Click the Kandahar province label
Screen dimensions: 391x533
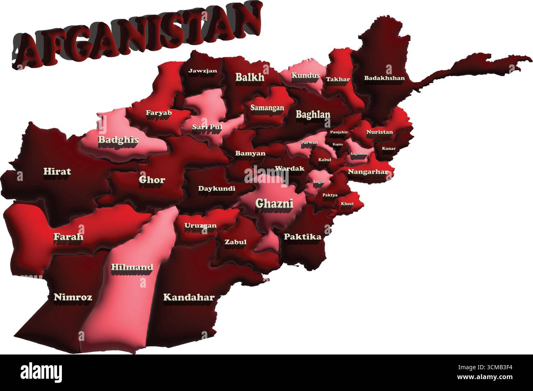189,297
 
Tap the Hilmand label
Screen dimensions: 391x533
132,268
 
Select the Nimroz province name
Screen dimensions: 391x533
73,297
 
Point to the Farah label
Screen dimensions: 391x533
68,237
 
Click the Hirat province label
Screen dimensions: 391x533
57,171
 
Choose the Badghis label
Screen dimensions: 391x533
118,140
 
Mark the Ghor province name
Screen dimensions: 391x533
152,180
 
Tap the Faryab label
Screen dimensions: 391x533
159,112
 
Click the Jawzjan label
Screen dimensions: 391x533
203,71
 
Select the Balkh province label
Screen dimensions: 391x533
250,77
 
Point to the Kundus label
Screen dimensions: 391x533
305,75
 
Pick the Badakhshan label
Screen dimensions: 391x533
384,78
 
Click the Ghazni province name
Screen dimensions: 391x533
274,203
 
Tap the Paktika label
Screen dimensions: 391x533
302,237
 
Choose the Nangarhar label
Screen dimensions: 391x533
368,172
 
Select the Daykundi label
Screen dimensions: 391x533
216,189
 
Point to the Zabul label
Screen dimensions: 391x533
235,242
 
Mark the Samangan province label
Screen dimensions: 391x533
267,108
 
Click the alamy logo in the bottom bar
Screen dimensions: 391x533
41,373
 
